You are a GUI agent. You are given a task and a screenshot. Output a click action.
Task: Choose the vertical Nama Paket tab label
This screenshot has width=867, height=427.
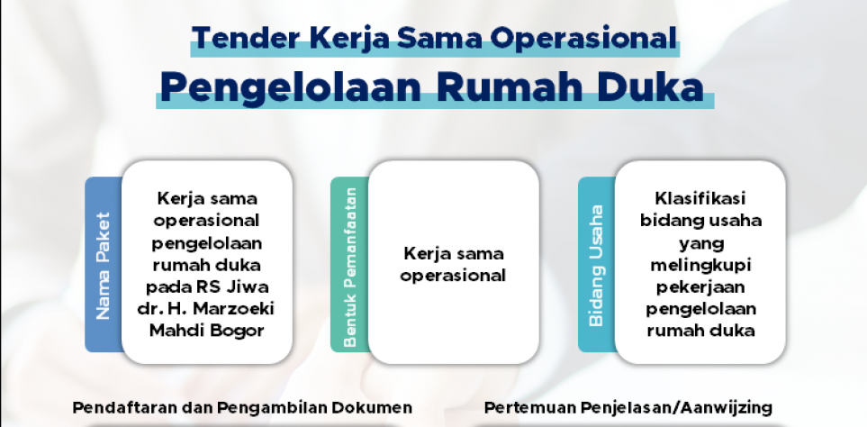104,266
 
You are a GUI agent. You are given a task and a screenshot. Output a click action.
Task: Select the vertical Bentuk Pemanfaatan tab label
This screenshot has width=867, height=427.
350,268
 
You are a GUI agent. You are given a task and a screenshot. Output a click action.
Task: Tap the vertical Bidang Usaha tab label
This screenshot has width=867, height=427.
596,266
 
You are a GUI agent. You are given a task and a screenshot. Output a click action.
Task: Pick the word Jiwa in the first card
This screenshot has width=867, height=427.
250,286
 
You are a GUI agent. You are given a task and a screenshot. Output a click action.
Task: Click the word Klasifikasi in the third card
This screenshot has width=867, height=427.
700,198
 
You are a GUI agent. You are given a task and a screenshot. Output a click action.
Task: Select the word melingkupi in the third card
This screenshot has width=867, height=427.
700,266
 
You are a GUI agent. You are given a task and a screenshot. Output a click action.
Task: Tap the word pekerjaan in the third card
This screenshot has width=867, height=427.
700,287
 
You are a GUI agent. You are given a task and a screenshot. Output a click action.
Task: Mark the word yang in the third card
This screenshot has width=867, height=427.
701,244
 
